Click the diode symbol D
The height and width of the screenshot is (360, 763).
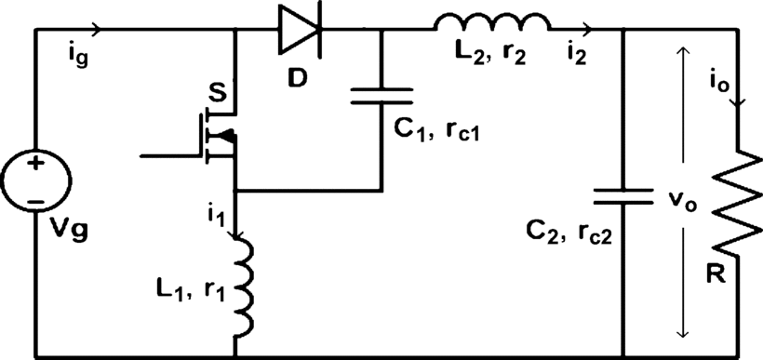300,29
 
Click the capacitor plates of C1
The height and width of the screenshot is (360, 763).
381,96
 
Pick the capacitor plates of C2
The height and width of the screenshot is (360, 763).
622,197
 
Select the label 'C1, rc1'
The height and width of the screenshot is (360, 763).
436,131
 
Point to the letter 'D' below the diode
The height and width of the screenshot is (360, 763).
297,78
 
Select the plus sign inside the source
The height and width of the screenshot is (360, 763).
35,164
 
